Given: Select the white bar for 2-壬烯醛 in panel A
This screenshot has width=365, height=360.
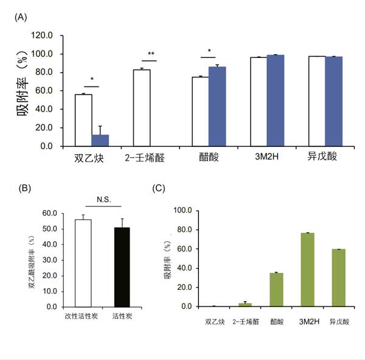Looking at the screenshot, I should [142, 108].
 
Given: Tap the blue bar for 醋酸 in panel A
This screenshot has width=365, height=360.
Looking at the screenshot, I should [217, 107].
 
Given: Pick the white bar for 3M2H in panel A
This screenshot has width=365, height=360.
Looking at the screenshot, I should [259, 102].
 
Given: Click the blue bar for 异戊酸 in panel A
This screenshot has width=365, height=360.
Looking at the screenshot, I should [334, 101].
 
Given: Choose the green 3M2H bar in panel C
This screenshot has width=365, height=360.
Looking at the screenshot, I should [307, 269].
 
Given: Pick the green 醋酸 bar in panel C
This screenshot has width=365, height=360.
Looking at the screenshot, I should [277, 289].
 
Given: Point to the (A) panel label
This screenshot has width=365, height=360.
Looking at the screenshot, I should [21, 17].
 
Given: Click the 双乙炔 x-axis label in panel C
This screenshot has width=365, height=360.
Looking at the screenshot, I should [214, 321].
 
